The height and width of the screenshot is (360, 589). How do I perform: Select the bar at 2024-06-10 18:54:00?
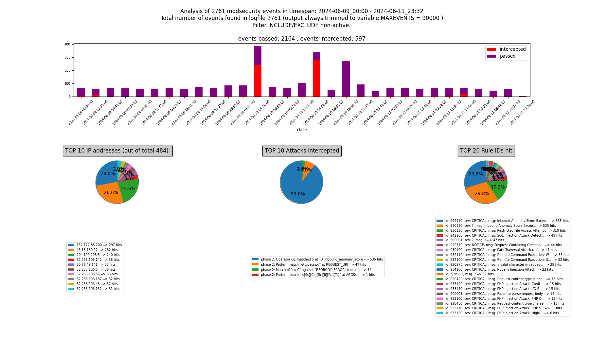click(346, 79)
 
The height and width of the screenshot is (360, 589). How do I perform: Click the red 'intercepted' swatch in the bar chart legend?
click(491, 49)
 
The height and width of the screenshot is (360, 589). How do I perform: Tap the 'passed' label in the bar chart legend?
click(508, 56)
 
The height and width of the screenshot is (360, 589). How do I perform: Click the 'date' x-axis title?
click(302, 130)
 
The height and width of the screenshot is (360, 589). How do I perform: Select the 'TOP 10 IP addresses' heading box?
click(117, 151)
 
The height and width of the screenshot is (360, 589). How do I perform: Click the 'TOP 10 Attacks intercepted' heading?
click(302, 151)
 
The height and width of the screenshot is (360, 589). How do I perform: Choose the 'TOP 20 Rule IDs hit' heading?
click(486, 151)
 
